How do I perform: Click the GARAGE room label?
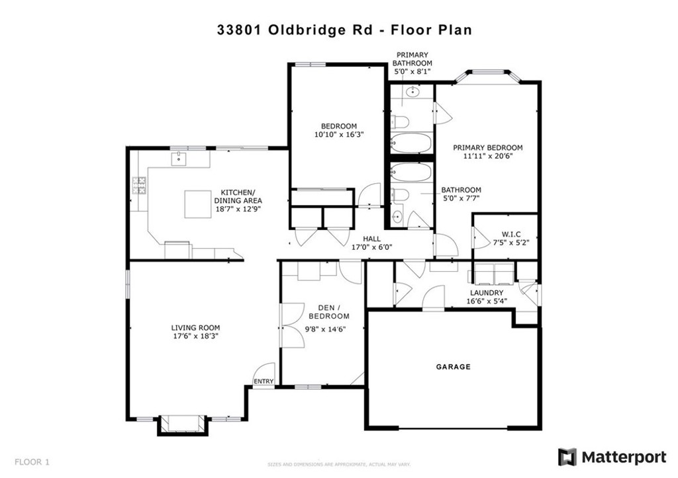tap(453, 366)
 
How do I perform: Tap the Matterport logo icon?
tap(567, 457)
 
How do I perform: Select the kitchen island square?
tap(197, 204)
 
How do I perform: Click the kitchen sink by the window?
tap(179, 158)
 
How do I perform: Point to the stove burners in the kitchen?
tap(140, 186)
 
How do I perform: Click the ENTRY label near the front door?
tap(263, 381)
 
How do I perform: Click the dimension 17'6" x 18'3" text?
tap(195, 336)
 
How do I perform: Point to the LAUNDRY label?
tap(487, 293)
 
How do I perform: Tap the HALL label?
tap(371, 239)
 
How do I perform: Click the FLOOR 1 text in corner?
tap(32, 461)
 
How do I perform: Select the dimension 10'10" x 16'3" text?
tap(338, 134)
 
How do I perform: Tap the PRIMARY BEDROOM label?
tap(487, 147)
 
